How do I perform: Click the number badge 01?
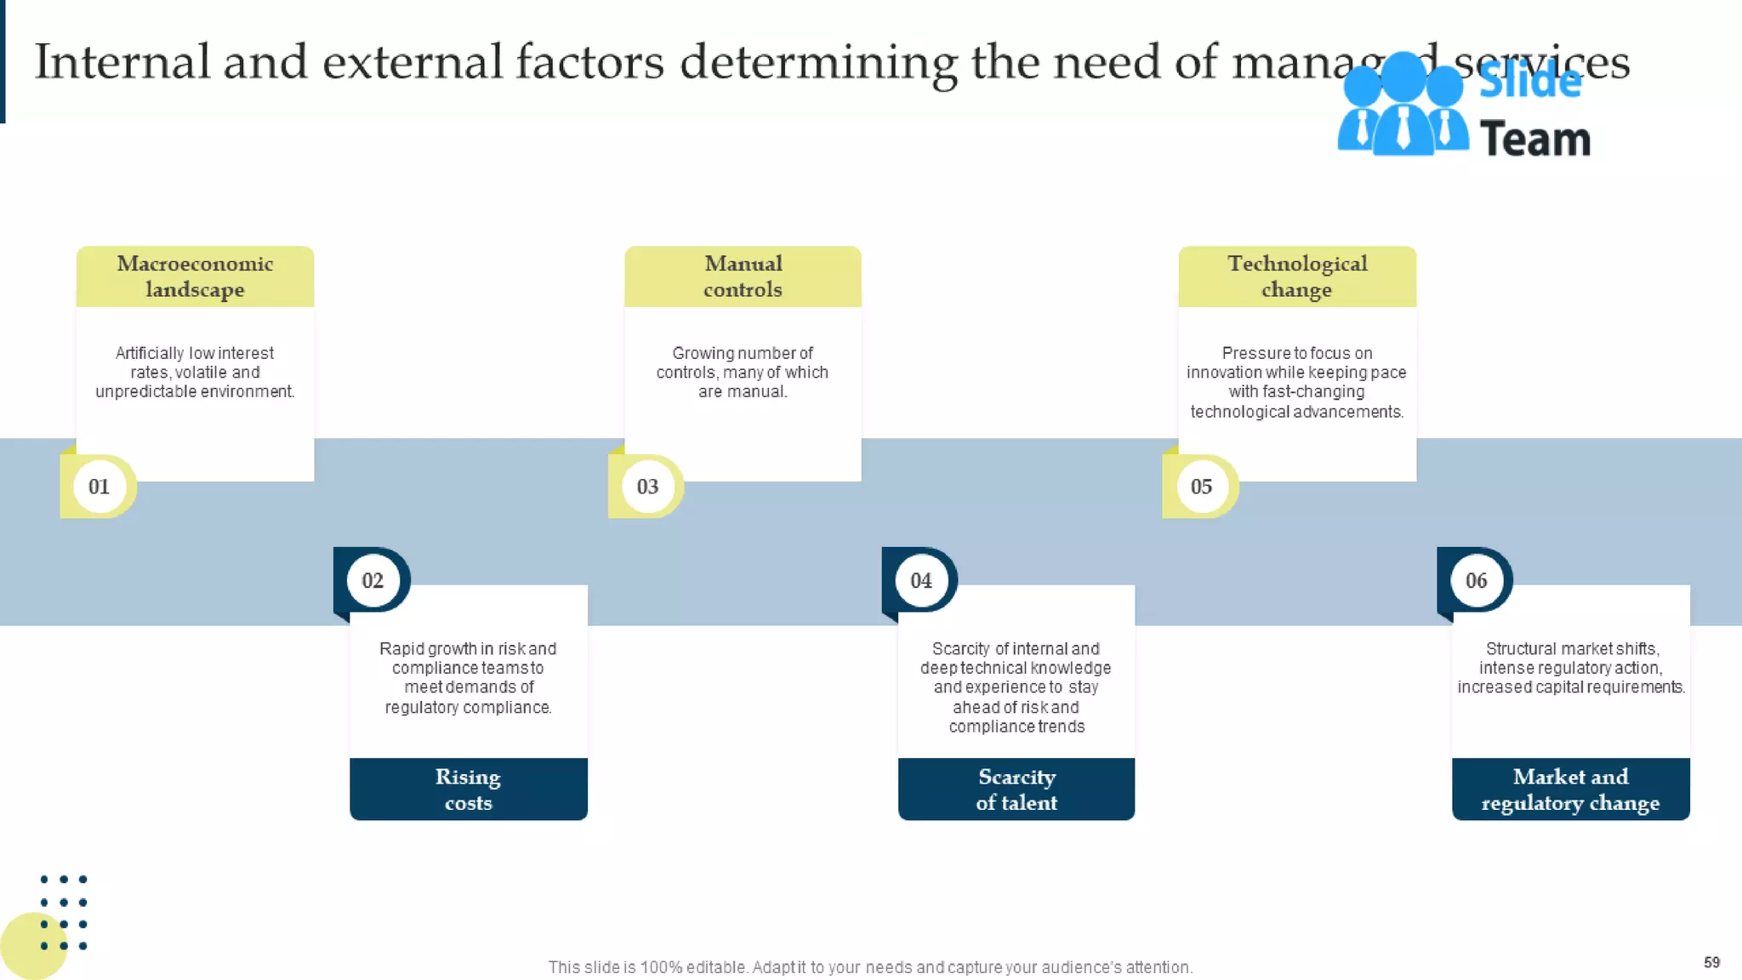point(100,487)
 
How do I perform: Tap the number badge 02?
point(373,580)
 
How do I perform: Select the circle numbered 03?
point(647,487)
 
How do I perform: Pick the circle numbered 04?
point(921,580)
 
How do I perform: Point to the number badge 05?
point(1201,487)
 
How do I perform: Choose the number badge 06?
point(1476,580)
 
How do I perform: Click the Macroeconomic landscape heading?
point(195,276)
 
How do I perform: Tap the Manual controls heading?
point(743,276)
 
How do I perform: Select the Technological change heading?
point(1297,276)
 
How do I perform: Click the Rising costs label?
point(468,789)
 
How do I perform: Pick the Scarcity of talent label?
point(1016,789)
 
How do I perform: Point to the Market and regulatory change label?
point(1570,789)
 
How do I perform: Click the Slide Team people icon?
point(1403,106)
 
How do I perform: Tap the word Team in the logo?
point(1534,140)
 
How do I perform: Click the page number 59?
point(1711,962)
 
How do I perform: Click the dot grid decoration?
point(64,912)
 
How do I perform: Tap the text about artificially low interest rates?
point(195,373)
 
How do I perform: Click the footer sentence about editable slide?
point(870,967)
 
